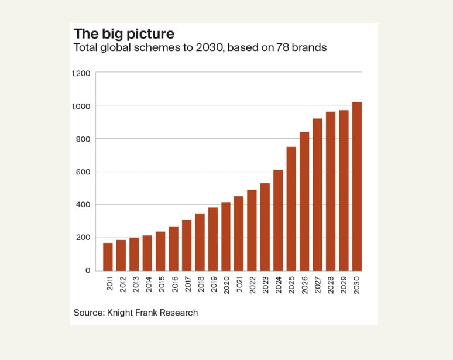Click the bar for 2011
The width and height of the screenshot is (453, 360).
108,256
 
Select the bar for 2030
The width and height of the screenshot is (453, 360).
357,186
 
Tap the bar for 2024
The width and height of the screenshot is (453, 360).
278,220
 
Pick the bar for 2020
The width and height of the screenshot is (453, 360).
226,236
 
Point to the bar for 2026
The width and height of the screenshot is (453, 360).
304,201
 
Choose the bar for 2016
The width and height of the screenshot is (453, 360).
173,248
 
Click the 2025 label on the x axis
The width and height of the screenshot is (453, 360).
291,287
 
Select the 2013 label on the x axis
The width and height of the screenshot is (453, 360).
134,287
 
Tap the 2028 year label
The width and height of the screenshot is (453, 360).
331,287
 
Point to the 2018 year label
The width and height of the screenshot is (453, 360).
200,287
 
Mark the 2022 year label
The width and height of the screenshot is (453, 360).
252,287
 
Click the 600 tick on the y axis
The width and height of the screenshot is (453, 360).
81,172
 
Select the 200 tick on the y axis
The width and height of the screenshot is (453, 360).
81,238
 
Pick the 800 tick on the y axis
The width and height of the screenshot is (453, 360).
81,139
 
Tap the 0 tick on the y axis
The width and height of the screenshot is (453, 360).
88,270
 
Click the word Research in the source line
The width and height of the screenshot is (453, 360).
178,313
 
